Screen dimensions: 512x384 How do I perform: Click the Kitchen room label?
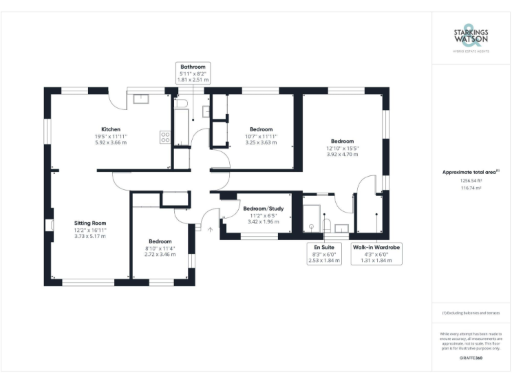pos(111,129)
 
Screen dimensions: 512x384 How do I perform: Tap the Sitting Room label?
pos(90,223)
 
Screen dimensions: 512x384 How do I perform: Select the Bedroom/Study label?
pos(262,209)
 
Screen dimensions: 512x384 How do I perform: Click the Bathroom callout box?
pos(193,73)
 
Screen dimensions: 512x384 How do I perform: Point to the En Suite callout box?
pos(324,254)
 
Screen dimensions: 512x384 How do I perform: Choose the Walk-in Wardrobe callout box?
pos(376,254)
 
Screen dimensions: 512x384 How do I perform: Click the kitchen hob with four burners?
pos(165,137)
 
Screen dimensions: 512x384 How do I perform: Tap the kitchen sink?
pos(142,99)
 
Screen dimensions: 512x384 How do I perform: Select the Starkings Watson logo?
pos(471,36)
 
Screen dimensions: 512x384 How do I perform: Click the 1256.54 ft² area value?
pos(470,181)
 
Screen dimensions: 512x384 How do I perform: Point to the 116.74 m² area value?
pos(470,188)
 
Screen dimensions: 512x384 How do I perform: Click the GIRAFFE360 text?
pos(471,359)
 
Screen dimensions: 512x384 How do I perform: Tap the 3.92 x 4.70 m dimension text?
pos(343,154)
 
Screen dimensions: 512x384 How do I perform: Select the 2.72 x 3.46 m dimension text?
pos(160,254)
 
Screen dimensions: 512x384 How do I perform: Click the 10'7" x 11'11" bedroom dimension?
pos(261,136)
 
